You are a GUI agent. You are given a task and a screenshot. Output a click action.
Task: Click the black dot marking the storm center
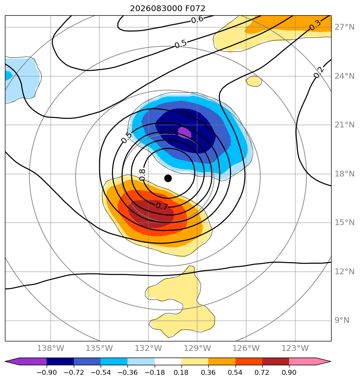point(168,179)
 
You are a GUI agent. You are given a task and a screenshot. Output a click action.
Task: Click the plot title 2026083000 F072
point(168,9)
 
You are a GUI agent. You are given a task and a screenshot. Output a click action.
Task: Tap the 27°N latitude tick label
point(344,27)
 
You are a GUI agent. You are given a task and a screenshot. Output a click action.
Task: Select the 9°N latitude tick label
point(342,320)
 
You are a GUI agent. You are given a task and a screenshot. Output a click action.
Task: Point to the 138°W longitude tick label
point(51,348)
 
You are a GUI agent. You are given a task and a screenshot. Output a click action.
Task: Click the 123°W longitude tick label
point(295,348)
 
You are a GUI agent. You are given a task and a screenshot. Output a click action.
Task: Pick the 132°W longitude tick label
point(148,348)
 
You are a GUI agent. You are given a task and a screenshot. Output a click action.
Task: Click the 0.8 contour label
point(142,175)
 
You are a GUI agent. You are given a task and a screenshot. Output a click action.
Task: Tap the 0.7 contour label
point(162,206)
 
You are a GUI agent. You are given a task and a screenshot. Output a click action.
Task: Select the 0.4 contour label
point(185,113)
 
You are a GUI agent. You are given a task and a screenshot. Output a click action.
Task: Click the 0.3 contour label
point(315,25)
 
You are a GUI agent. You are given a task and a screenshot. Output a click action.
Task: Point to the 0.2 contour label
point(319,72)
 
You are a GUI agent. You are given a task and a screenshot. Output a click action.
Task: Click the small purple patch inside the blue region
point(185,132)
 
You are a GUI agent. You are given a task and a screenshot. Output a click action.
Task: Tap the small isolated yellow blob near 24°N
point(254,81)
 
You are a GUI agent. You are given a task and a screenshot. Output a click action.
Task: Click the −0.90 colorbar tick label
point(47,372)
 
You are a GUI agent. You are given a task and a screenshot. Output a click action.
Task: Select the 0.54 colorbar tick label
point(235,372)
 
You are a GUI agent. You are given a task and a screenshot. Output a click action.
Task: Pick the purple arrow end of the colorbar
point(26,361)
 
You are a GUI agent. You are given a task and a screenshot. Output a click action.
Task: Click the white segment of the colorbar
point(168,361)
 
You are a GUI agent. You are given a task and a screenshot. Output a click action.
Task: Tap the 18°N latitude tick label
point(344,174)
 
